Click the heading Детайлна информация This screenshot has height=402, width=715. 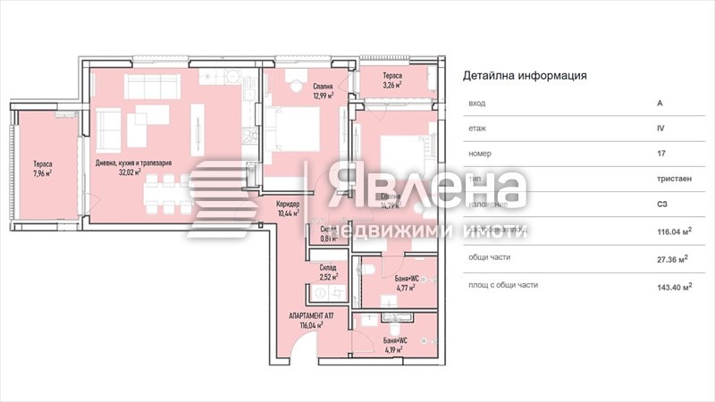525,76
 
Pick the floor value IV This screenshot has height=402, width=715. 660,128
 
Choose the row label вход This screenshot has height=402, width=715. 476,103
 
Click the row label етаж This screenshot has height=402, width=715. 477,128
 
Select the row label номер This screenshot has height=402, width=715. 480,153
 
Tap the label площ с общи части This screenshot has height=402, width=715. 502,286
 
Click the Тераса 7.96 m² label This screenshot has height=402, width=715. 43,168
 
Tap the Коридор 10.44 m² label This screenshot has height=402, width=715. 288,209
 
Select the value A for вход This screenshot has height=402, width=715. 660,103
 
